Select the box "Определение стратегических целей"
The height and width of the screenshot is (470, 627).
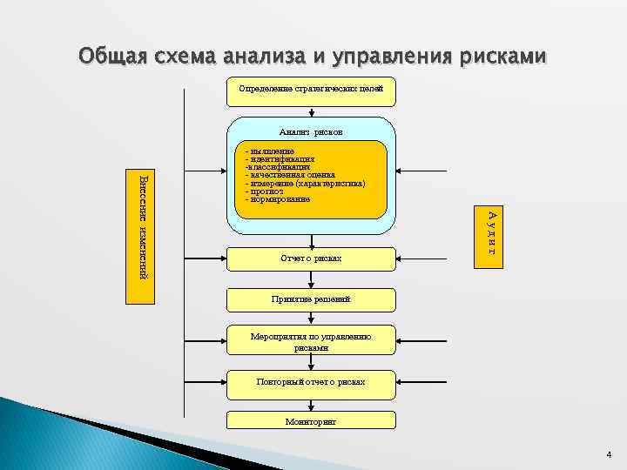[x=311, y=90]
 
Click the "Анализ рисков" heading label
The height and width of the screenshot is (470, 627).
[x=311, y=131]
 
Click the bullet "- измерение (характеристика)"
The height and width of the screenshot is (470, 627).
[x=305, y=184]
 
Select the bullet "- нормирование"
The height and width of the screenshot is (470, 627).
[x=278, y=200]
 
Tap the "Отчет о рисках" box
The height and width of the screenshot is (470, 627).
[x=311, y=258]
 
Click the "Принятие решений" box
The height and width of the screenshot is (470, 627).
[x=311, y=299]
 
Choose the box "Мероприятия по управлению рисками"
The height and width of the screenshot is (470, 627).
[x=311, y=341]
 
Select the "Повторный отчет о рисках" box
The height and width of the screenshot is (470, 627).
[x=311, y=381]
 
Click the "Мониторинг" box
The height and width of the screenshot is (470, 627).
[x=311, y=421]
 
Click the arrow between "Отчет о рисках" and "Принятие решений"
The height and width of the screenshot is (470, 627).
[x=311, y=279]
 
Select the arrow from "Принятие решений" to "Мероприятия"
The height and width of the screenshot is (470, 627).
[x=311, y=319]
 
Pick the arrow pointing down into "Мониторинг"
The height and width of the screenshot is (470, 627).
[x=311, y=402]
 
